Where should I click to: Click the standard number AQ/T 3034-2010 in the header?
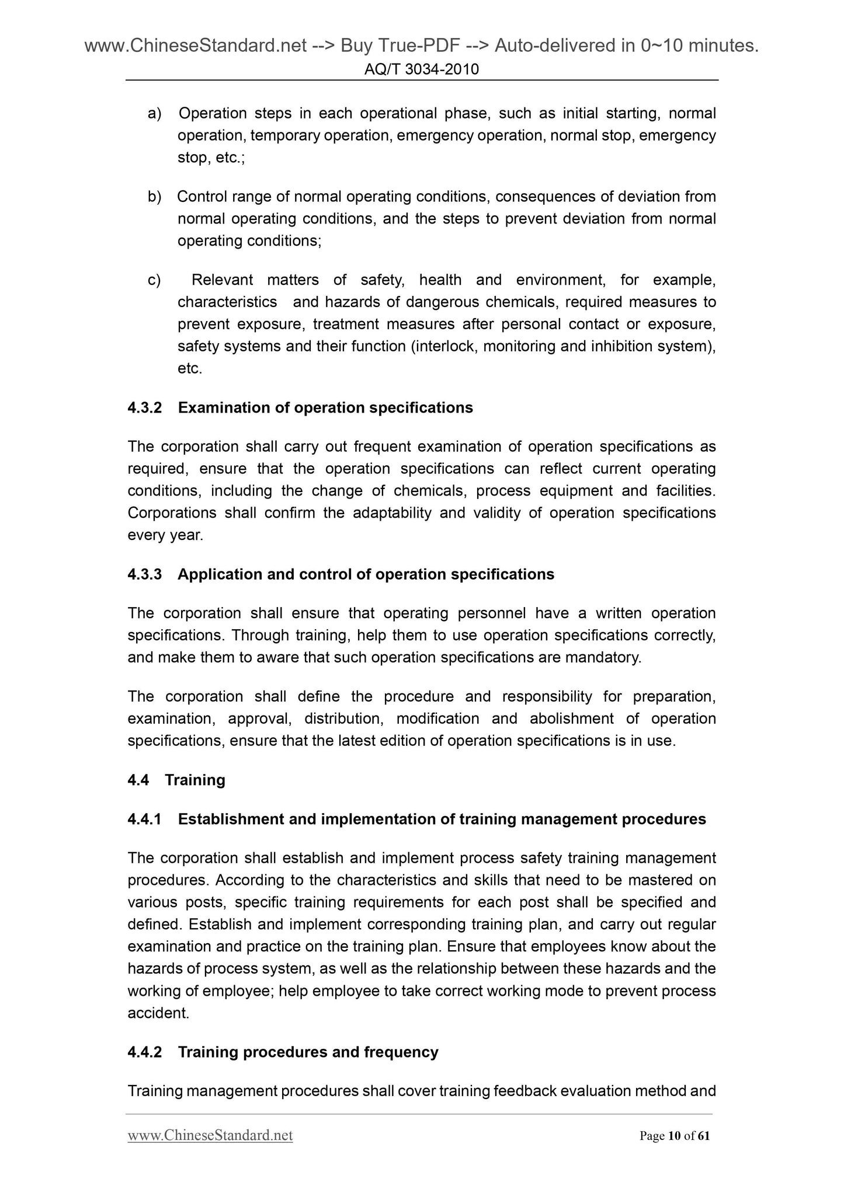point(421,69)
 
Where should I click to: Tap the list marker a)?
point(154,113)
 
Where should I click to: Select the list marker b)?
point(154,197)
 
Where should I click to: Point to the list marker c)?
point(154,280)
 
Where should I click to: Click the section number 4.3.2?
point(144,407)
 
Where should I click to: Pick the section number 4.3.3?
point(144,574)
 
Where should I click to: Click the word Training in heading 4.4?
point(195,780)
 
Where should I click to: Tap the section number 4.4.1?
point(144,819)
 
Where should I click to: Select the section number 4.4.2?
point(144,1052)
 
